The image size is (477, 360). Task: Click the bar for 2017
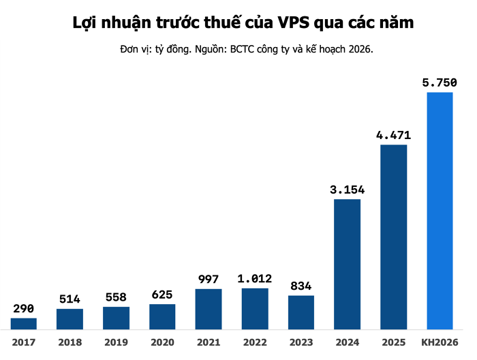click(24, 323)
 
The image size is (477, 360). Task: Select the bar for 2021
click(209, 309)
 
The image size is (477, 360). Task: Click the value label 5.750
click(440, 82)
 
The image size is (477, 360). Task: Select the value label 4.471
click(393, 135)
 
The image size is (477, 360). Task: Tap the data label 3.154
click(347, 189)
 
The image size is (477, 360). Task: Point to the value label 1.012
click(255, 278)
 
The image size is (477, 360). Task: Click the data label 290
click(24, 308)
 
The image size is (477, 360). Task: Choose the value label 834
click(301, 286)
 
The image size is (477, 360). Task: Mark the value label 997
click(209, 279)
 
